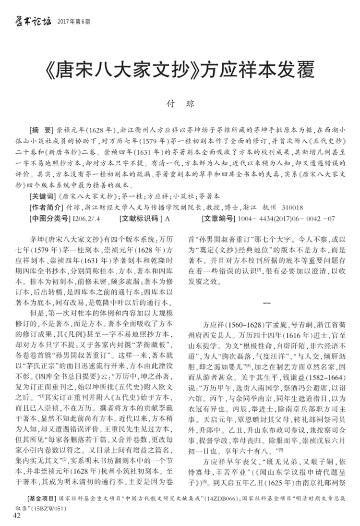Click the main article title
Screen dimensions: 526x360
click(180, 70)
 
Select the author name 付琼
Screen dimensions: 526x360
click(180, 103)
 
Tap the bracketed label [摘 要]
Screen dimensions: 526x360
click(42, 131)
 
